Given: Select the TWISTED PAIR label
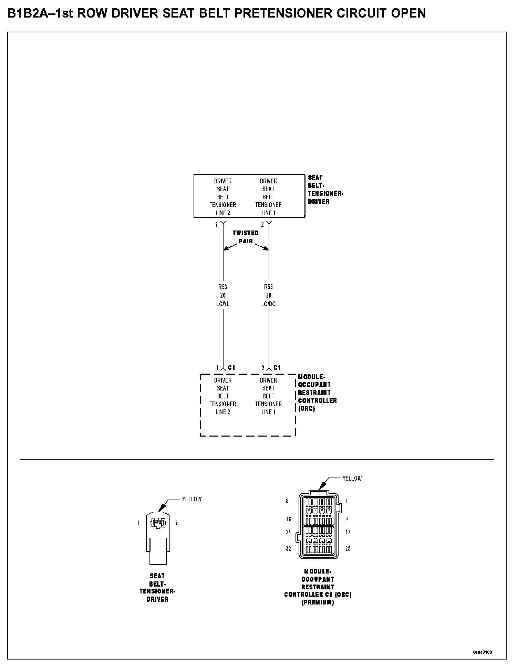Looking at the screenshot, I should [x=245, y=237].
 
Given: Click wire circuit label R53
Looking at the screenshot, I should [x=223, y=287].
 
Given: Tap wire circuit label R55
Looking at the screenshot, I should [x=269, y=287].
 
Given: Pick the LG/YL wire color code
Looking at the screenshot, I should [x=223, y=304].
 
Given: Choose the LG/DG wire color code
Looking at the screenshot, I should [x=269, y=304].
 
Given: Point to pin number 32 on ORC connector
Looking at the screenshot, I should [x=289, y=548].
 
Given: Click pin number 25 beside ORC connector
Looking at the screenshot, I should [x=348, y=548].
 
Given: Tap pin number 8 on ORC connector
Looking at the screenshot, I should [x=287, y=501].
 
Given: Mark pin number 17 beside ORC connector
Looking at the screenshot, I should [x=348, y=532].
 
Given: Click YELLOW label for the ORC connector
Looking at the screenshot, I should [x=352, y=478].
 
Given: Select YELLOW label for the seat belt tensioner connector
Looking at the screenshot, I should [x=192, y=499].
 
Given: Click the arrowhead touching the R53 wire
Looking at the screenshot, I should [x=226, y=248].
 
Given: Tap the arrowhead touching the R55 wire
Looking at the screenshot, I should [x=266, y=248].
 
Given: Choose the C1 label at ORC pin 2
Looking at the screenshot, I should [x=277, y=368].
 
